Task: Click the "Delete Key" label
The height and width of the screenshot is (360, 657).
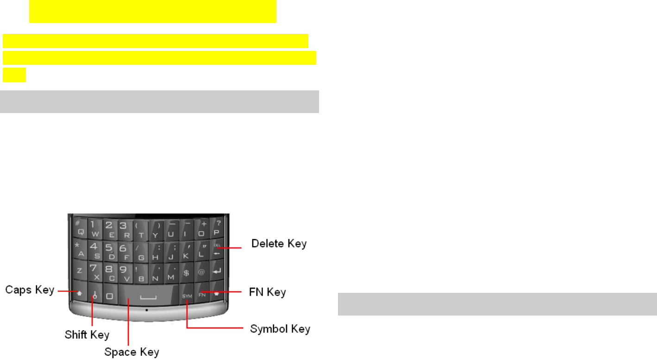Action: (x=279, y=244)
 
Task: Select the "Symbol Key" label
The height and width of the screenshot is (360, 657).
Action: (x=280, y=329)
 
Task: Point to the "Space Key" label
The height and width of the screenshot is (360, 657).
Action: (x=131, y=352)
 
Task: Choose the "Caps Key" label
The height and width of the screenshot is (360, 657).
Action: (x=30, y=291)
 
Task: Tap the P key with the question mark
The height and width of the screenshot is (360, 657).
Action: (x=217, y=226)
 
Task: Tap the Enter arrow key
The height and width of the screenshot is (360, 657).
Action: (x=217, y=271)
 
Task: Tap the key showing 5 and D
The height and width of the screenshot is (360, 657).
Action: (x=110, y=250)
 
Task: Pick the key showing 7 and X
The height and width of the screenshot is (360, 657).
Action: (x=94, y=272)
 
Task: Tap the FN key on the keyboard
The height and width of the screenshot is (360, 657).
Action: (x=202, y=294)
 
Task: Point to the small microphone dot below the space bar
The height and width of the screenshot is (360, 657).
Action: (x=147, y=309)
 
